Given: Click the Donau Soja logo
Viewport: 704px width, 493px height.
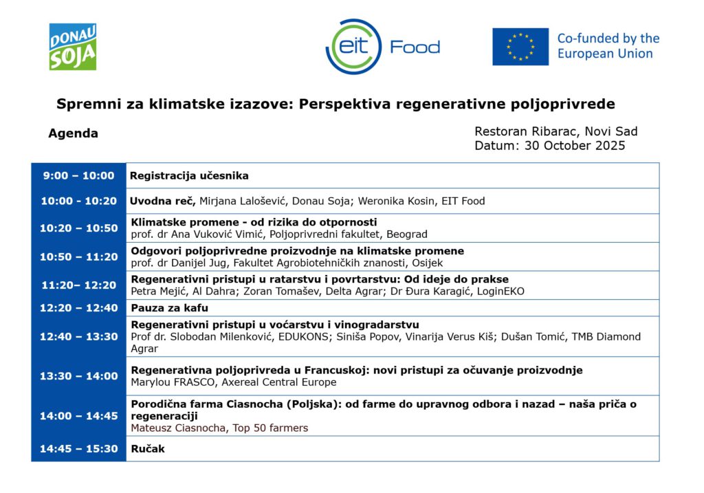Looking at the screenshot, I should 72,47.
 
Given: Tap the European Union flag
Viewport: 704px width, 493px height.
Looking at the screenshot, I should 520,47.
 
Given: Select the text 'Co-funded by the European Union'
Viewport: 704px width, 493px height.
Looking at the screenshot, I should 608,46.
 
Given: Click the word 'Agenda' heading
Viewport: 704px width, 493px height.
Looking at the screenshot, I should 73,133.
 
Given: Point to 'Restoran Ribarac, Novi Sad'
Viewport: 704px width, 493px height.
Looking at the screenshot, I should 555,131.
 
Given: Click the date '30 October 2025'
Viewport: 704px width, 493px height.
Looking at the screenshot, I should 575,146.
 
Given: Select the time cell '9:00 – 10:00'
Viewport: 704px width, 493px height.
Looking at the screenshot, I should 78,175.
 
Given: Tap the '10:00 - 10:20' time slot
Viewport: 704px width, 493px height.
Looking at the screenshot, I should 78,201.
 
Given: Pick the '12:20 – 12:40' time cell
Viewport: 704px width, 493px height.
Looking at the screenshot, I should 78,308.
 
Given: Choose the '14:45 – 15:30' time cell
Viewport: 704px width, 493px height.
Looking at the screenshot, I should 78,449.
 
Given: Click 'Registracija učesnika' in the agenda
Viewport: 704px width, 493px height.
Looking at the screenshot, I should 189,175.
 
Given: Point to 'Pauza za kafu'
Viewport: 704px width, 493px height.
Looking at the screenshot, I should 169,308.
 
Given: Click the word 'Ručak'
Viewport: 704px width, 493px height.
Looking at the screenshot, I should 148,449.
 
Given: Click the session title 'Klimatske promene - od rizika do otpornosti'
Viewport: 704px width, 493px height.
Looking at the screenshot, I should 254,222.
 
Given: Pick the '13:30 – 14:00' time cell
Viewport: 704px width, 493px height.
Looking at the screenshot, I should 78,376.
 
